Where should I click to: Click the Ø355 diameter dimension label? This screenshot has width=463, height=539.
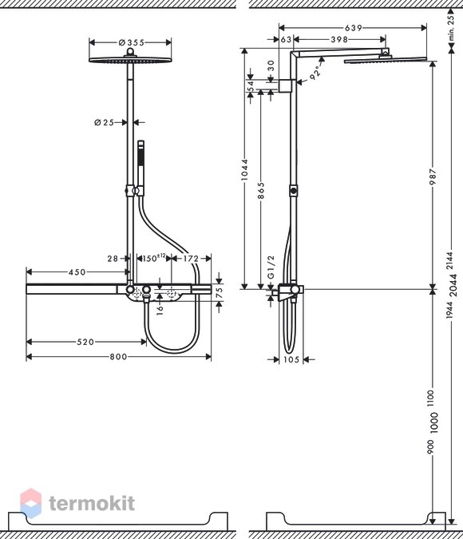click(131, 42)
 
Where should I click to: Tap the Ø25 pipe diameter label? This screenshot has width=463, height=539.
click(104, 122)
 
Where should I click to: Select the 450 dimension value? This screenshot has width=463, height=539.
click(77, 272)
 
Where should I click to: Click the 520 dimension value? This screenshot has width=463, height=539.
click(85, 342)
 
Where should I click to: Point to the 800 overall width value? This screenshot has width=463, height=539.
click(118, 357)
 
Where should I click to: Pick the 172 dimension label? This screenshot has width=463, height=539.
click(191, 259)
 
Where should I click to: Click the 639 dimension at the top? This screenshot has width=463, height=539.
click(354, 28)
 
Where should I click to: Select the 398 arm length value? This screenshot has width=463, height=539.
click(339, 40)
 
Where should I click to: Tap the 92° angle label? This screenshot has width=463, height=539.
click(315, 73)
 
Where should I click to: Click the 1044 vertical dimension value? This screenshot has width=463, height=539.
click(244, 169)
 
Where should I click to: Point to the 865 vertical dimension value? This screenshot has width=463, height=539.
click(261, 191)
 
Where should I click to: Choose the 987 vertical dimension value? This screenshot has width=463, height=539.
click(433, 176)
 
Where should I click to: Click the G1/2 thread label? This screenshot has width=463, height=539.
click(271, 267)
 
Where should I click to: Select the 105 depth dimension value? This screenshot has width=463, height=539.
click(291, 359)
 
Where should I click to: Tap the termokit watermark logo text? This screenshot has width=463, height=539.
click(92, 504)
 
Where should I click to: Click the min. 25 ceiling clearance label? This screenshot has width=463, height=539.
click(451, 26)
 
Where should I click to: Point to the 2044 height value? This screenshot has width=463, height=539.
click(453, 285)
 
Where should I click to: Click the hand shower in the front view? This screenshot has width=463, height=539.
click(140, 168)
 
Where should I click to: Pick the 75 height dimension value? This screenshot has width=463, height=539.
click(219, 292)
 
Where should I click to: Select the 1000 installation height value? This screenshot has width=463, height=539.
click(433, 422)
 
